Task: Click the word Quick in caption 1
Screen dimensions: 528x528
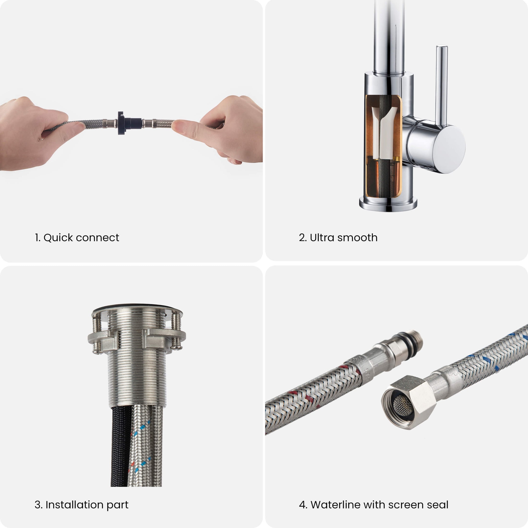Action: click(x=58, y=238)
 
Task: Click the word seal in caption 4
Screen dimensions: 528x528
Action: click(x=437, y=505)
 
